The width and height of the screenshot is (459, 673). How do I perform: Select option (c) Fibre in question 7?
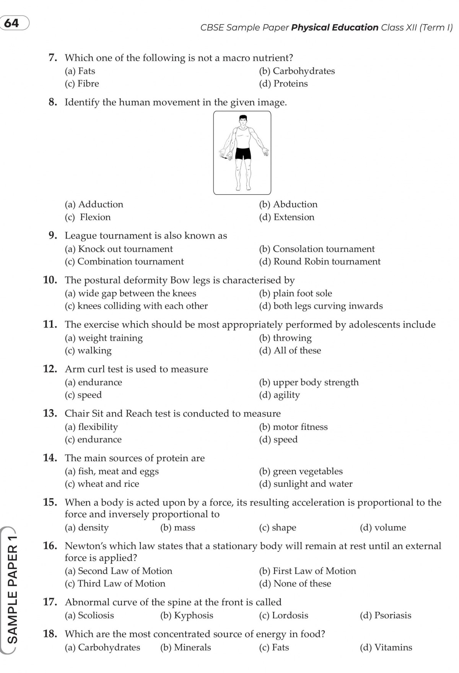tap(82, 84)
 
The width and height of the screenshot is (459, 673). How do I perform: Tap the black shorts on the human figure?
tap(243, 153)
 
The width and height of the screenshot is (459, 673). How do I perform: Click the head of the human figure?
tap(242, 120)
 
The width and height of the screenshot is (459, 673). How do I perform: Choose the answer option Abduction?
tap(288, 205)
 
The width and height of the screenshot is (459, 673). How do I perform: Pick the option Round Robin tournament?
tap(320, 262)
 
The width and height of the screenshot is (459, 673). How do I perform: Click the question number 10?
tap(50, 280)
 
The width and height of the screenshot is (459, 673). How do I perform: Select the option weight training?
tap(104, 338)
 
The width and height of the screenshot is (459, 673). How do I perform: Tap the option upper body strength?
tap(309, 382)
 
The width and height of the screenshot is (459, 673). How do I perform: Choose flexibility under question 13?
tap(91, 427)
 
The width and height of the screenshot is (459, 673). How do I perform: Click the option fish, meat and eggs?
tap(112, 471)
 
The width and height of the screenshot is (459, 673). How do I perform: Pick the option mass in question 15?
tap(177, 528)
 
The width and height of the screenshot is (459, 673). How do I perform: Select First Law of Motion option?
tap(308, 571)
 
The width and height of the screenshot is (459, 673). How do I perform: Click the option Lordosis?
tap(283, 615)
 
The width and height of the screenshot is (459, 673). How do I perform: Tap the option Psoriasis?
tap(386, 615)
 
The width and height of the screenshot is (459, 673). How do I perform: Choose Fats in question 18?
tap(274, 647)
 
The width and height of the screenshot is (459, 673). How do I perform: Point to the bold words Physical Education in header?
tap(335, 28)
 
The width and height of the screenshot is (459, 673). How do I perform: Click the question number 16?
tap(50, 546)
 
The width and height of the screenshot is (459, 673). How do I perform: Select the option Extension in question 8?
tap(287, 217)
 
